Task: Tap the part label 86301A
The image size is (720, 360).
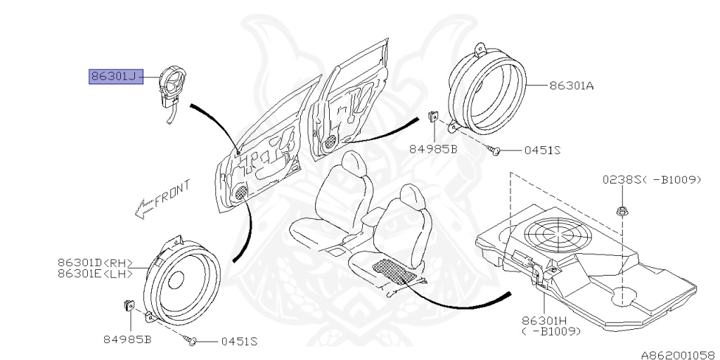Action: tap(571, 86)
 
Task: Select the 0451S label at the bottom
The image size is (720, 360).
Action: tap(239, 342)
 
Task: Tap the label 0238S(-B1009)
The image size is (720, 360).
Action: tap(651, 179)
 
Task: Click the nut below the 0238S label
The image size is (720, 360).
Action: tap(622, 210)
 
